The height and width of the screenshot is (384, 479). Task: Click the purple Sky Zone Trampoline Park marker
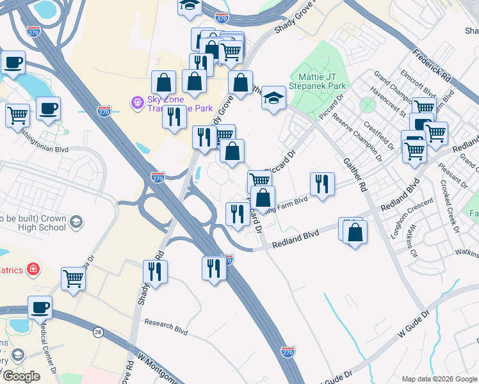[136, 102]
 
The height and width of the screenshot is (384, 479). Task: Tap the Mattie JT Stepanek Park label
[318, 80]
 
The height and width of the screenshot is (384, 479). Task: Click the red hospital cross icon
[32, 270]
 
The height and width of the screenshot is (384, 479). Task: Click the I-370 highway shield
[222, 19]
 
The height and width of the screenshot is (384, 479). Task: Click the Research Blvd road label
[166, 328]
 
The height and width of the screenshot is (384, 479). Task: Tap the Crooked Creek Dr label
[450, 205]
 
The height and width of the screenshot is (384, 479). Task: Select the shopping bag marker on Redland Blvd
[354, 233]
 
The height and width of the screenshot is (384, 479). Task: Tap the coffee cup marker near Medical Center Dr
[40, 307]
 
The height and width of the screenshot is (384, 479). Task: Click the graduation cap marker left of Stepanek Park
[273, 98]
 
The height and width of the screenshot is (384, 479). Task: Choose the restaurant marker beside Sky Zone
[174, 116]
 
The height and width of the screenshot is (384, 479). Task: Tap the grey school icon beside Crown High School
[76, 222]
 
